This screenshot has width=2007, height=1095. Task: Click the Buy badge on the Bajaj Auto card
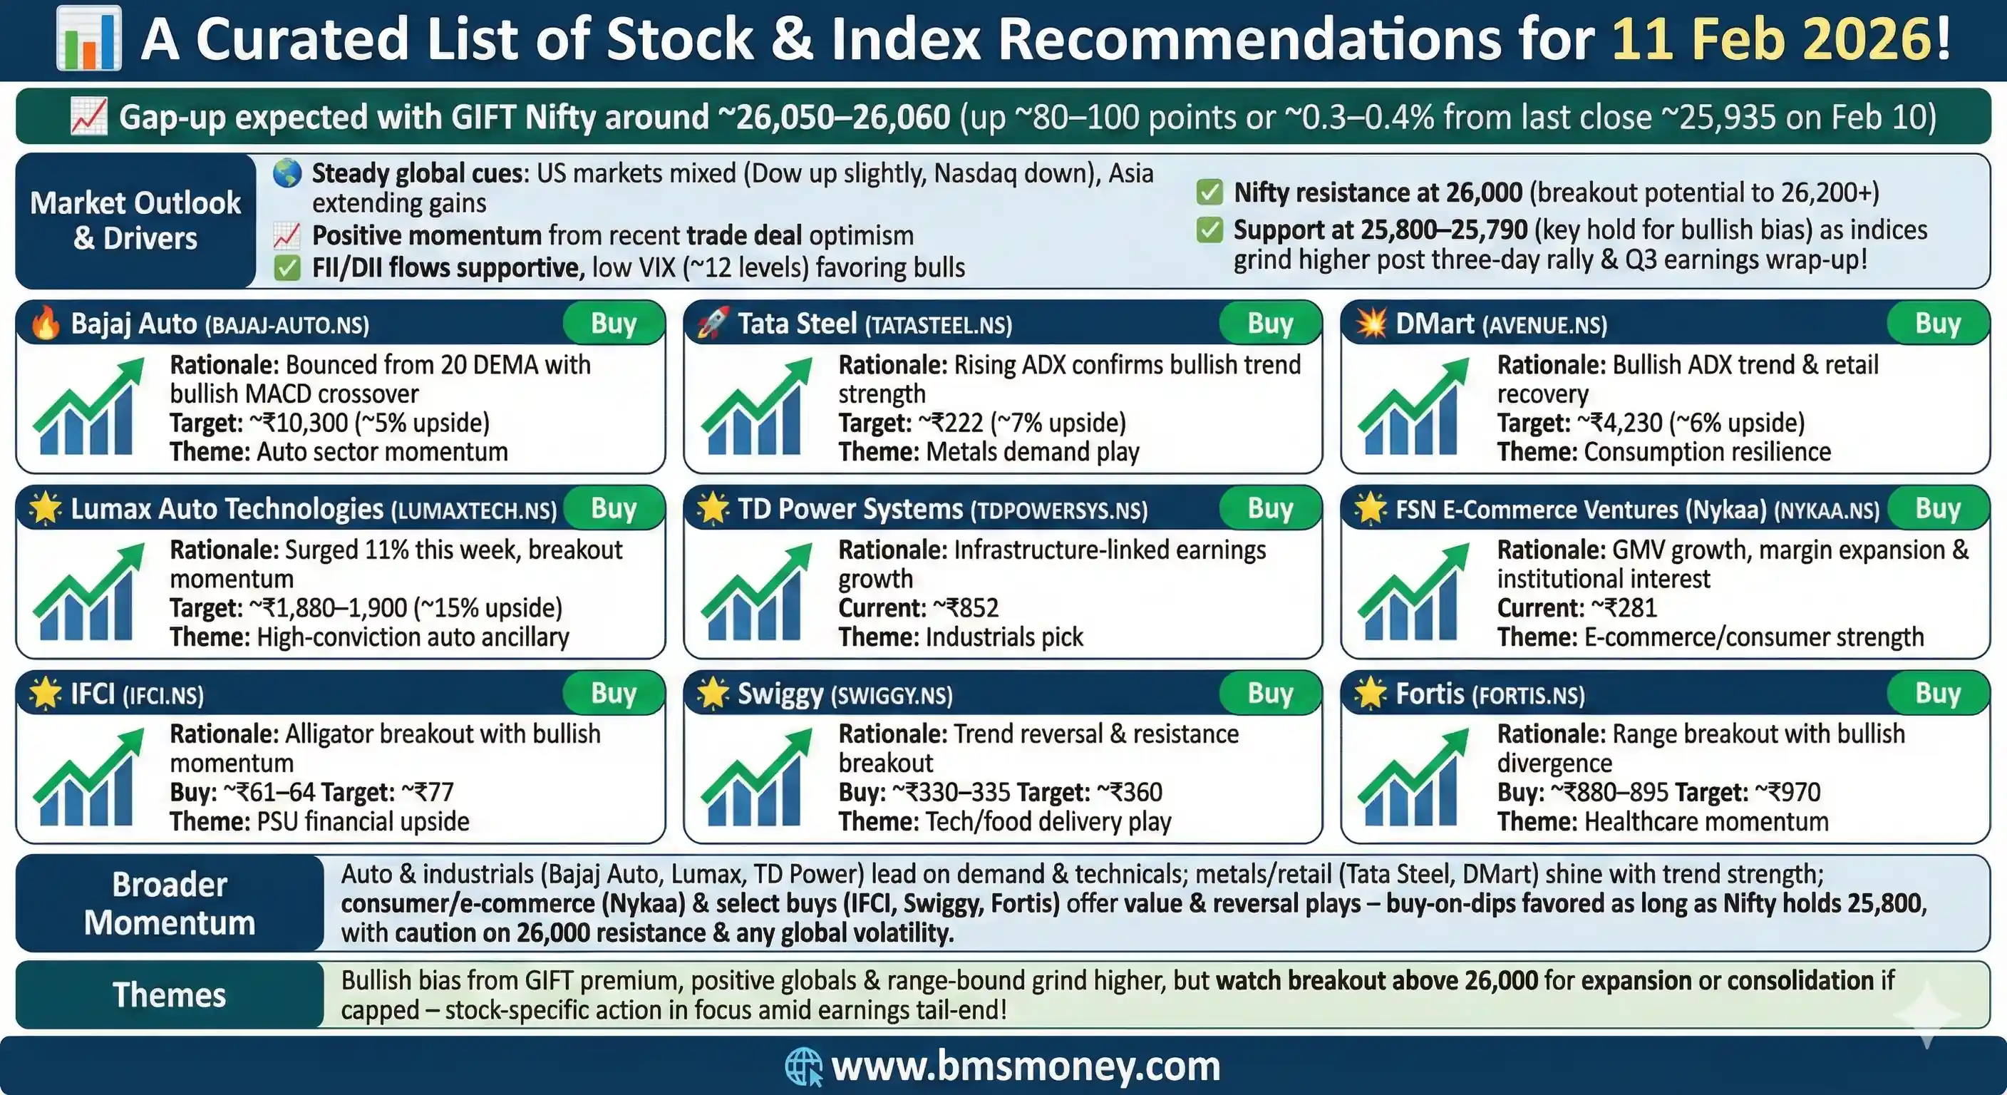click(614, 323)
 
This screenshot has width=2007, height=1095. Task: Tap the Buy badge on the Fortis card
click(1938, 693)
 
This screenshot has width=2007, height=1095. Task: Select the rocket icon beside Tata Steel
click(712, 323)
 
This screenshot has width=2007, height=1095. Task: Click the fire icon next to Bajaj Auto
click(45, 323)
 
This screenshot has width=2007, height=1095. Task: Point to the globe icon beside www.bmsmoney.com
click(803, 1066)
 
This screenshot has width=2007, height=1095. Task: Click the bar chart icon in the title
click(89, 37)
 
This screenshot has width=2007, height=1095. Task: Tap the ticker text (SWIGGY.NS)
click(892, 695)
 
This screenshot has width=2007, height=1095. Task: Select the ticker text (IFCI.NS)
click(164, 695)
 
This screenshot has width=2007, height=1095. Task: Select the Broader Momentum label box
click(169, 903)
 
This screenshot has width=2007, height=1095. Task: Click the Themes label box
click(169, 995)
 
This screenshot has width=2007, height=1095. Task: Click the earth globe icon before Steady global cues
click(287, 173)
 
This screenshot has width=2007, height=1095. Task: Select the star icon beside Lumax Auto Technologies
click(45, 508)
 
